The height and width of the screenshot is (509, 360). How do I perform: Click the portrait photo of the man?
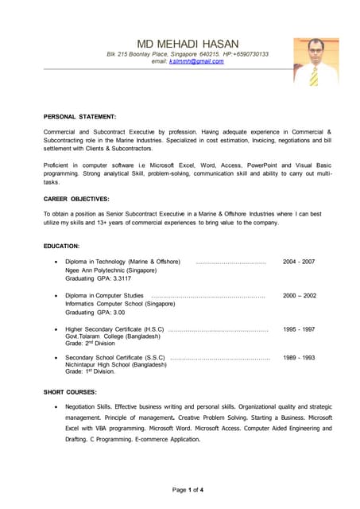pos(315,61)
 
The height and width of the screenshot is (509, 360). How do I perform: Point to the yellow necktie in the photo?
pos(315,76)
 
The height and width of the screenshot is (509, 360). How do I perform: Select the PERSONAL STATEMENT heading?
pos(79,116)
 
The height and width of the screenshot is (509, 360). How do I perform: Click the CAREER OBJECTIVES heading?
pos(76,198)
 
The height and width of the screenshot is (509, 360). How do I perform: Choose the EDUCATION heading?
pos(61,247)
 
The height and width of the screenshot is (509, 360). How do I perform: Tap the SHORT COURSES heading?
pos(70,392)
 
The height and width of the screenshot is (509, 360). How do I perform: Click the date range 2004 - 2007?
pos(299,262)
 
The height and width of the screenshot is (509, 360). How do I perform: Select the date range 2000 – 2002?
pos(299,295)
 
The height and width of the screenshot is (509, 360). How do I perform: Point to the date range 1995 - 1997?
pos(299,328)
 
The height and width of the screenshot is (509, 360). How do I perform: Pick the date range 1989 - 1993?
pos(299,358)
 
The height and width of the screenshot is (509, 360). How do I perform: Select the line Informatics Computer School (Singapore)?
pos(120,304)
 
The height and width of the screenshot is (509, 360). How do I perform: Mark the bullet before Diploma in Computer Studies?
pos(53,296)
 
